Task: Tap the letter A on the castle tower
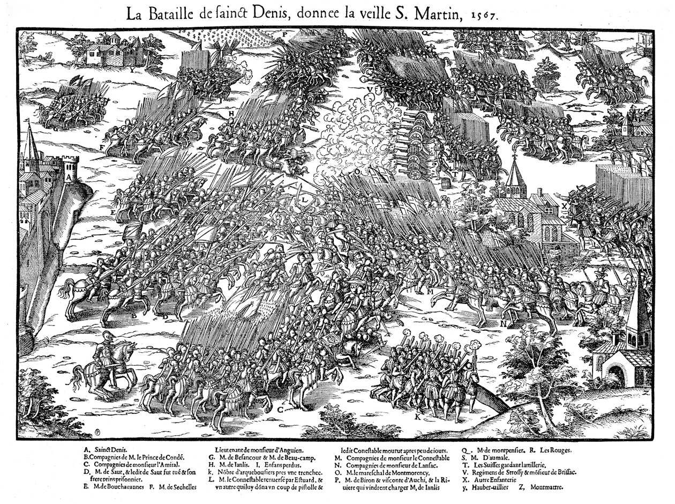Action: pyautogui.click(x=69, y=174)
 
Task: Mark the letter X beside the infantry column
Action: pyautogui.click(x=564, y=205)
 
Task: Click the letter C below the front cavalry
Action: pyautogui.click(x=280, y=410)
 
